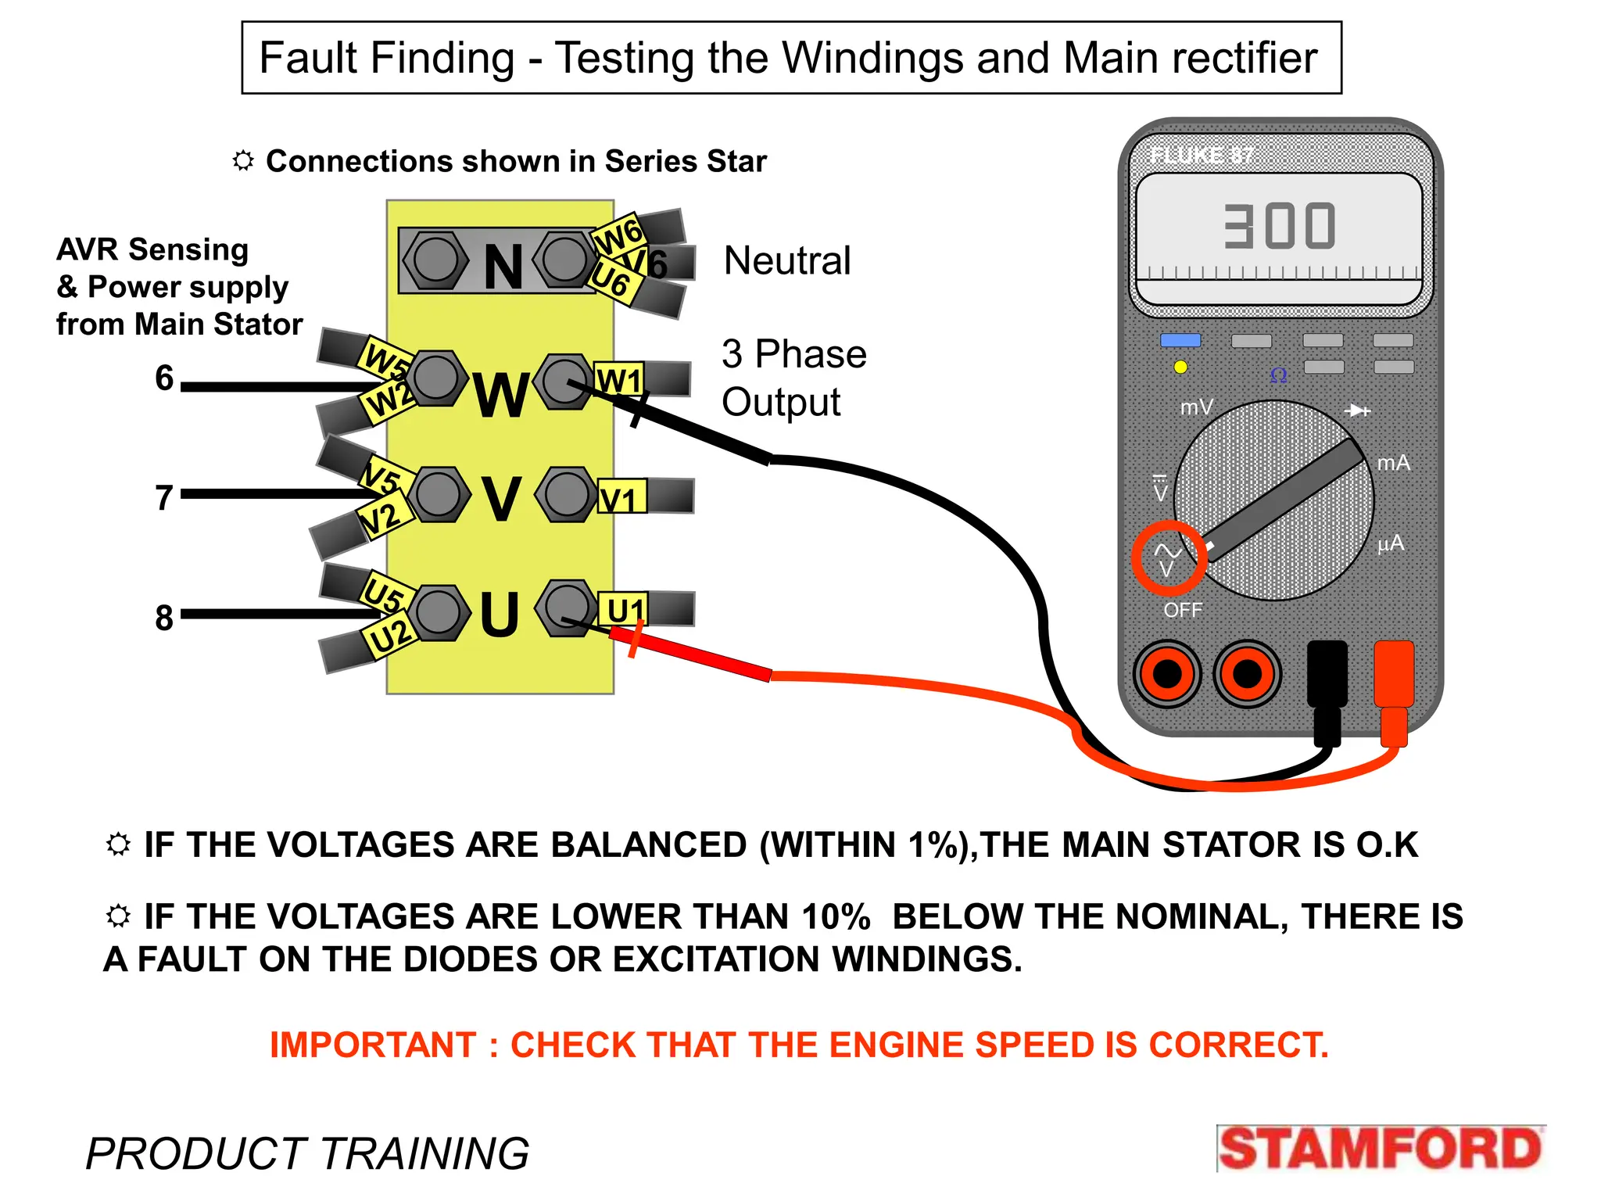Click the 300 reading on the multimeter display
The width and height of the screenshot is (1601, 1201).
(1280, 227)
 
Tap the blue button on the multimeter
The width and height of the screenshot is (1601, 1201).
(1180, 340)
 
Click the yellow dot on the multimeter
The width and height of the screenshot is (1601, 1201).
(1180, 367)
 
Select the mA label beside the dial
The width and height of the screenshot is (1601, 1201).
(1393, 463)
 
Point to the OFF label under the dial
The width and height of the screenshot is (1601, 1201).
(1182, 610)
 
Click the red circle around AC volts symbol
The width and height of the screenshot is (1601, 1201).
(1169, 557)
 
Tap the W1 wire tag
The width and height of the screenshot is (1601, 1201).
(619, 381)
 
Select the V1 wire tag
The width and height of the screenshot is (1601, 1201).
(621, 498)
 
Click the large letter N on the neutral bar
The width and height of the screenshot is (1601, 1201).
(503, 267)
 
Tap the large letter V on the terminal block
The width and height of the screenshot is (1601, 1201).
(500, 498)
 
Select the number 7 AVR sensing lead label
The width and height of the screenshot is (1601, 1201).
(163, 497)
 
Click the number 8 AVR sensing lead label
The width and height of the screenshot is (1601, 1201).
(163, 618)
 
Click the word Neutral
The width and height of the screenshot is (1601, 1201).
(786, 260)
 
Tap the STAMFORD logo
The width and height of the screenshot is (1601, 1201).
(1380, 1149)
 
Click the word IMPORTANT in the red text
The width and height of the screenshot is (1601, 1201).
(372, 1045)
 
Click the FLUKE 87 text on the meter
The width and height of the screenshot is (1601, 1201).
(1201, 156)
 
